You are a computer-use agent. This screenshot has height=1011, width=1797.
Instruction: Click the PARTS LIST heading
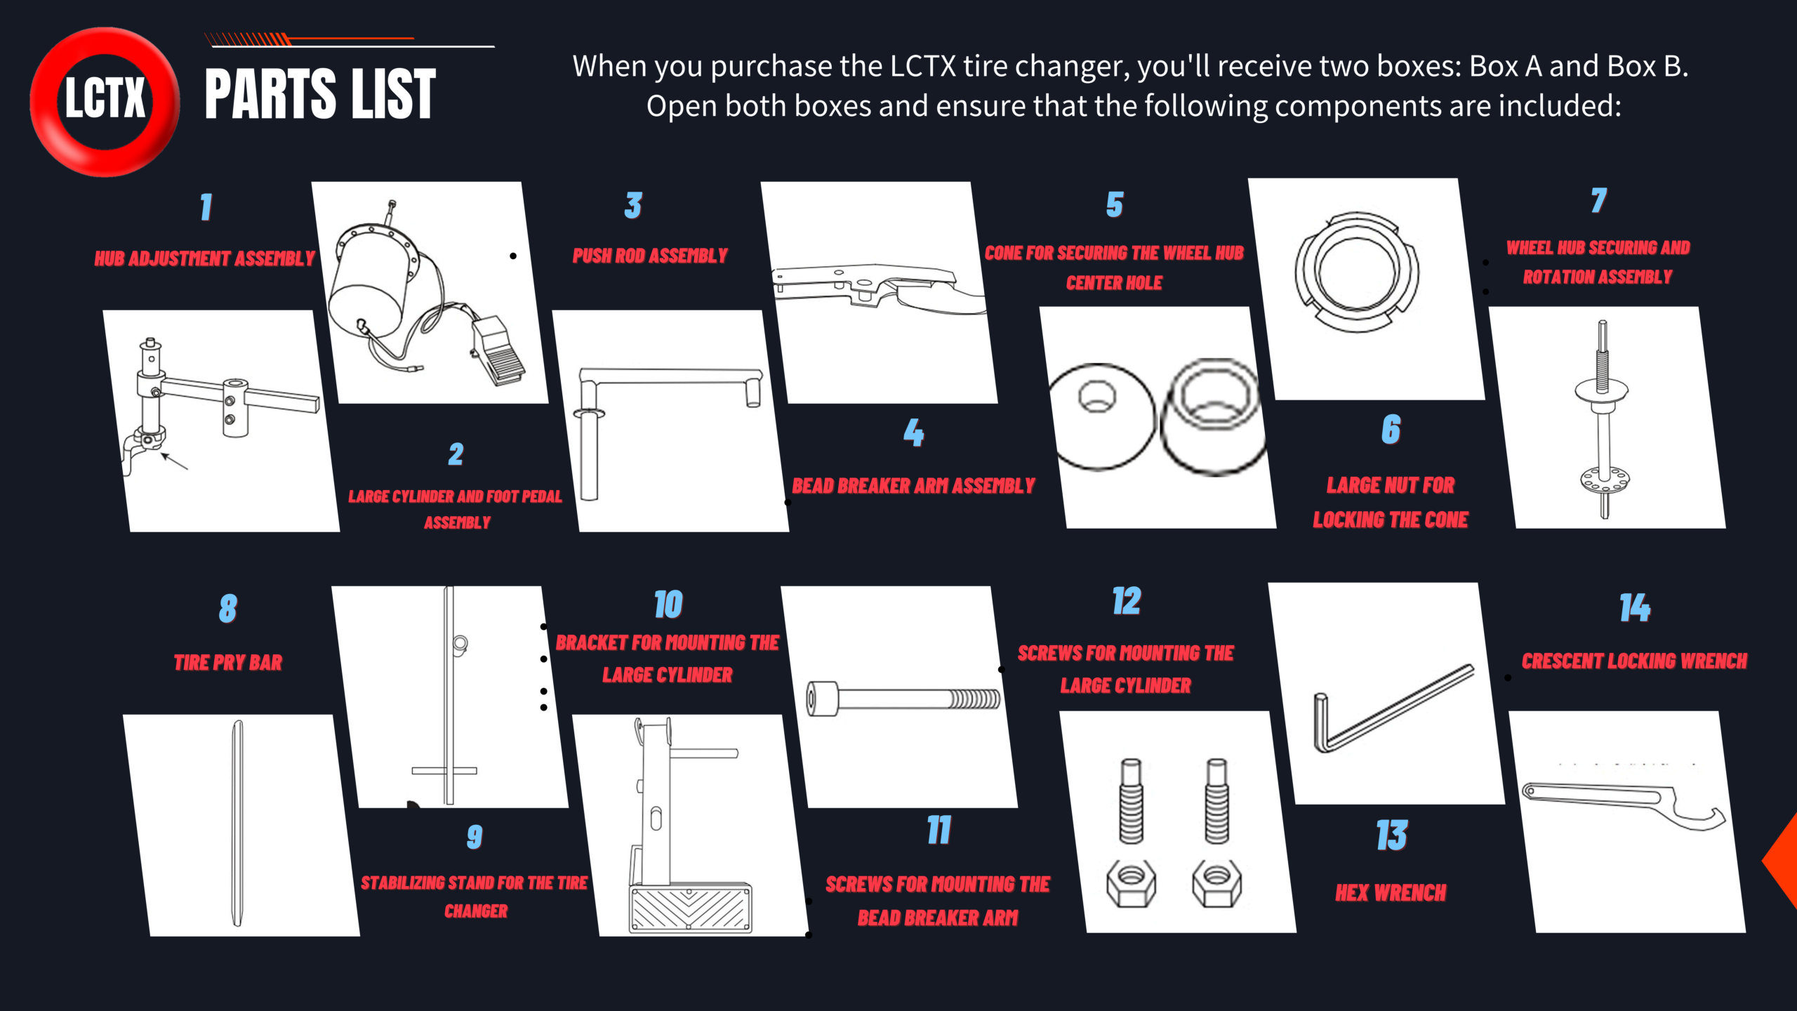(x=320, y=94)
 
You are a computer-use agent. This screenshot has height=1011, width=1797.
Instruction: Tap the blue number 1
(x=206, y=206)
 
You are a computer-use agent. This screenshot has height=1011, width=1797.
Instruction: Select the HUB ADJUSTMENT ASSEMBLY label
(x=204, y=258)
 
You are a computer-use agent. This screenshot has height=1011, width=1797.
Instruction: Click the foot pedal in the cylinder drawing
(x=498, y=351)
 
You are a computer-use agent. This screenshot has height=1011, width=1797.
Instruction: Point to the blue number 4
(x=913, y=432)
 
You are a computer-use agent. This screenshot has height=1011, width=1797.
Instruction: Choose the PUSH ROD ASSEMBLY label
(x=650, y=256)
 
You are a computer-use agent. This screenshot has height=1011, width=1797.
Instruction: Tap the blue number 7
(x=1598, y=200)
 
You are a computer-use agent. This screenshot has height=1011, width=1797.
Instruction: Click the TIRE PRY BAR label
(x=227, y=662)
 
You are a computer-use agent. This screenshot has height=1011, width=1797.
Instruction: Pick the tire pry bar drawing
(x=237, y=823)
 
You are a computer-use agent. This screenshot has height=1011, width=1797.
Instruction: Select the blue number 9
(x=475, y=836)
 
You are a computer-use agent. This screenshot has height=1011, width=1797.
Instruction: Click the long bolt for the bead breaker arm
(x=903, y=699)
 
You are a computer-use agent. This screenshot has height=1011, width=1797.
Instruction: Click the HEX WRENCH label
(x=1391, y=892)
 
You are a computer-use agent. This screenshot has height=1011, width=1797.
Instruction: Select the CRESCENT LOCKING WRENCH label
(x=1634, y=661)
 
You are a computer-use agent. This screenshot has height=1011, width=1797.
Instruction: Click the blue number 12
(x=1126, y=601)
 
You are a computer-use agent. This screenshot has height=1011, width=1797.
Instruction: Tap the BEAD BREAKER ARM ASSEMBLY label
(x=913, y=485)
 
